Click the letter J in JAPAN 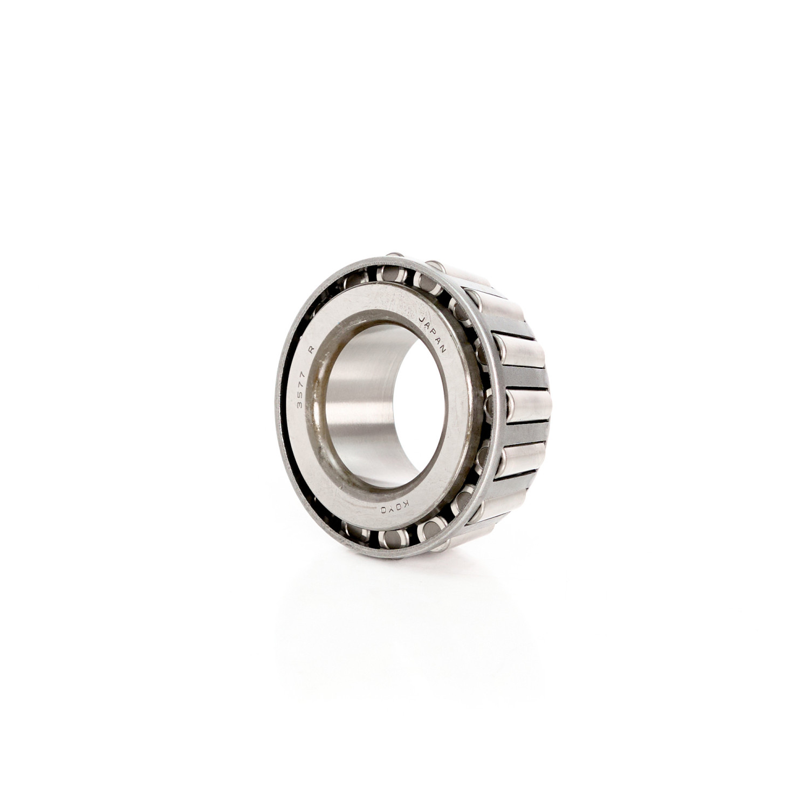coord(422,319)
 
